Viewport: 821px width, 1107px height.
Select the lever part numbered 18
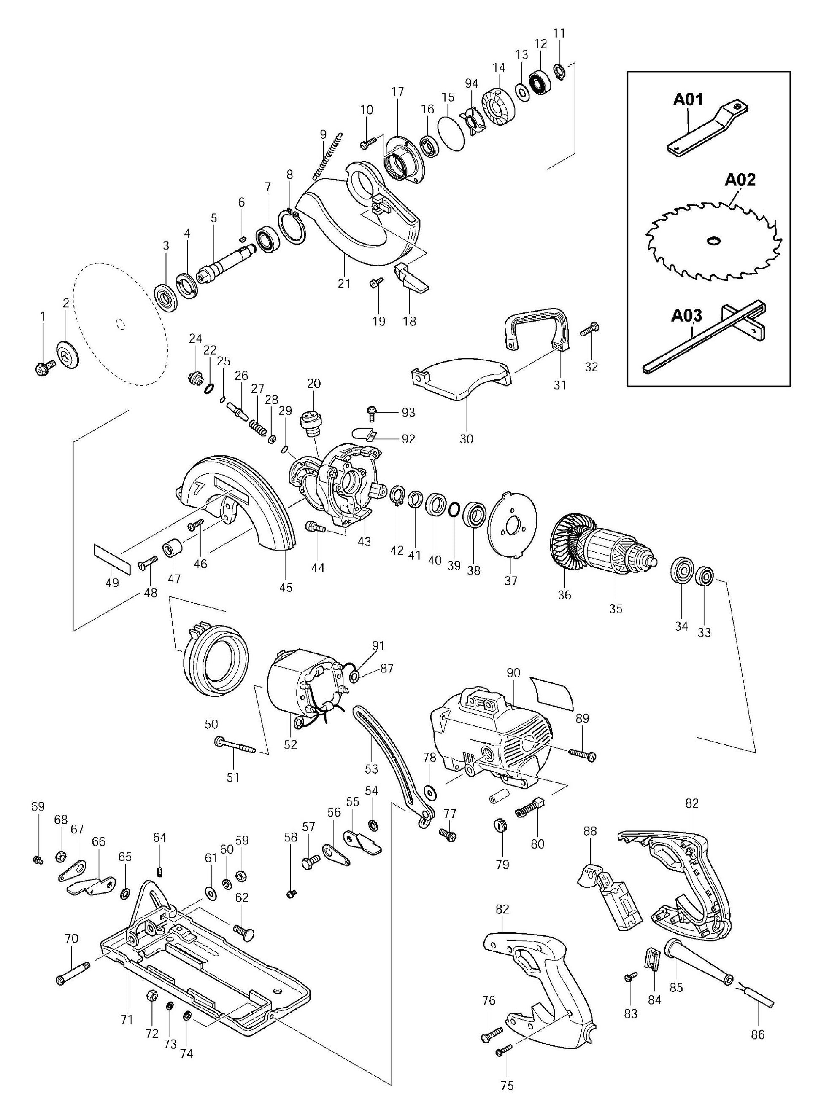(410, 278)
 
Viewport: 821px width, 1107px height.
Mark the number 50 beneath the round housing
(211, 724)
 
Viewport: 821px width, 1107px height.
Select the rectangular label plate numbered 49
(112, 558)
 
